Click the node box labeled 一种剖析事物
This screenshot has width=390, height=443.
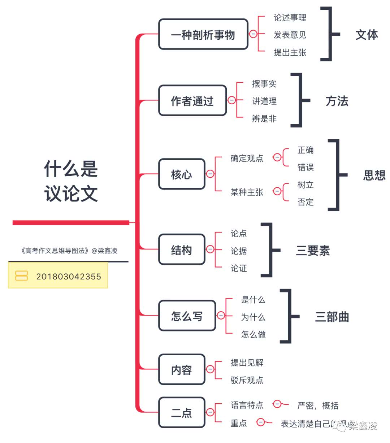[x=203, y=35]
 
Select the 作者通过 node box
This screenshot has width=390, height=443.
[x=192, y=101]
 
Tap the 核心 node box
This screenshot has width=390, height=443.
[x=182, y=174]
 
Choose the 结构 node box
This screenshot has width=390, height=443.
[x=182, y=250]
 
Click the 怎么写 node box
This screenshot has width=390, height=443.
[x=187, y=316]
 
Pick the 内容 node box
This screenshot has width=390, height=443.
[x=182, y=370]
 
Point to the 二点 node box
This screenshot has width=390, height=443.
[x=182, y=412]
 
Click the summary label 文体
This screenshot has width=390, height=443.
[x=367, y=35]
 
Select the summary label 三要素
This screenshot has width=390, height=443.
[x=313, y=250]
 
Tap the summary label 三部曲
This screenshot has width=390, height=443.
[x=332, y=317]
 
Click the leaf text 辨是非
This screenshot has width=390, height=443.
[x=264, y=118]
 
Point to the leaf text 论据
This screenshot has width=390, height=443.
[x=238, y=251]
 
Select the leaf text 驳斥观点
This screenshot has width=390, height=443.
[x=247, y=380]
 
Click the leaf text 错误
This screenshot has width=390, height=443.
[x=305, y=167]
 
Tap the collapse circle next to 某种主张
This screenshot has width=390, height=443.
[x=277, y=191]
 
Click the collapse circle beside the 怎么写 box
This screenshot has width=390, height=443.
[x=221, y=316]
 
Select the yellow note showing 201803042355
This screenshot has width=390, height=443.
[x=58, y=276]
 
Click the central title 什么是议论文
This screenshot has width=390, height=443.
[x=71, y=181]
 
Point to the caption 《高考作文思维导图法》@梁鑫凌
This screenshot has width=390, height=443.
[x=69, y=250]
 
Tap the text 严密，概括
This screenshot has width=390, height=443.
[x=317, y=406]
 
